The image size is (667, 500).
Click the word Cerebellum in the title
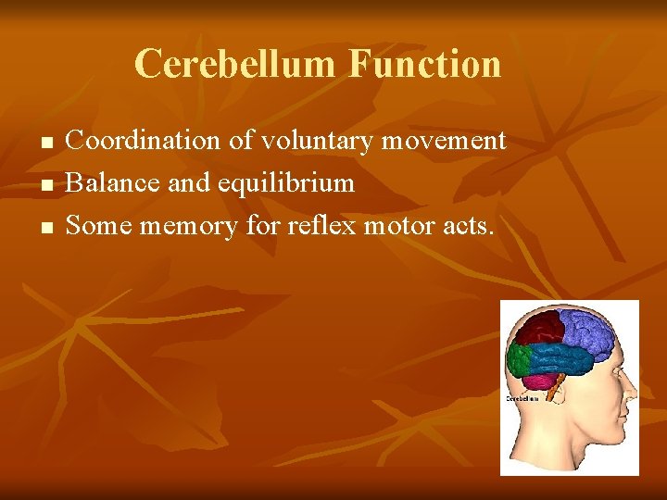point(237,64)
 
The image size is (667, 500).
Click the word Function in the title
point(425,64)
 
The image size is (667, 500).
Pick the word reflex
point(316,224)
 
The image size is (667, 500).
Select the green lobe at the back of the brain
point(519,358)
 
